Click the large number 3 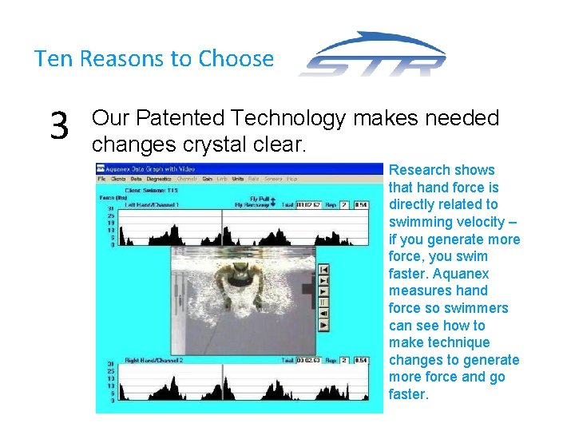tap(58, 126)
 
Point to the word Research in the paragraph tap(418, 170)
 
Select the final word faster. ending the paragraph tap(409, 394)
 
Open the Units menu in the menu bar tap(238, 179)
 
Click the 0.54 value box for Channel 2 tap(360, 361)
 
